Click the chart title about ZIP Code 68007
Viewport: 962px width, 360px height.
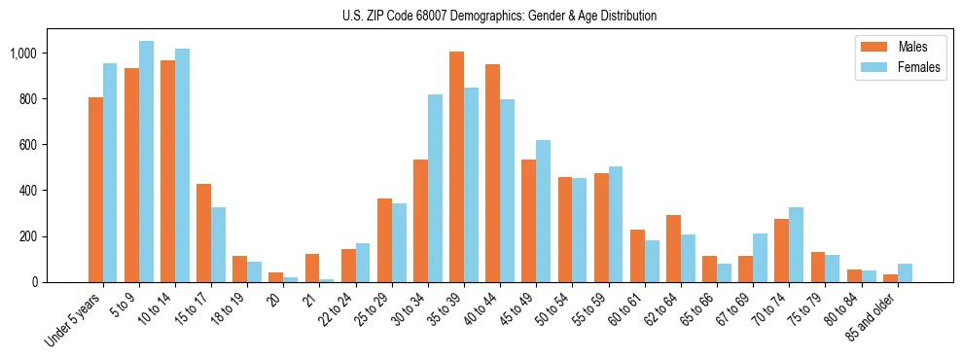point(499,16)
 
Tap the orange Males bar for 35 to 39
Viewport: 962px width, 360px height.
point(456,166)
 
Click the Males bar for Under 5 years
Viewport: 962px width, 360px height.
point(95,190)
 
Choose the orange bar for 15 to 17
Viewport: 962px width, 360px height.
point(203,233)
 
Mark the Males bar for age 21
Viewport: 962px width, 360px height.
point(312,268)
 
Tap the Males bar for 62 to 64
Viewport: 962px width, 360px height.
point(673,248)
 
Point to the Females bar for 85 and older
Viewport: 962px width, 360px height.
point(905,272)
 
